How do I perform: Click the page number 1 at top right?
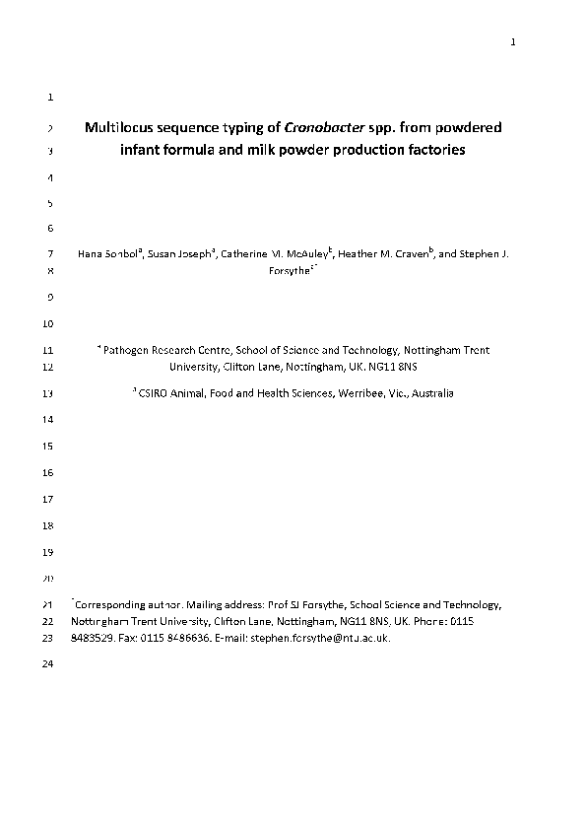click(513, 41)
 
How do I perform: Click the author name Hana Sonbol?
click(108, 254)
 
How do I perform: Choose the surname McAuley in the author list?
click(306, 254)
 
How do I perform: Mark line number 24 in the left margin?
click(49, 664)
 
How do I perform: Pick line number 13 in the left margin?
click(49, 393)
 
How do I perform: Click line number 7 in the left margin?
click(50, 254)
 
